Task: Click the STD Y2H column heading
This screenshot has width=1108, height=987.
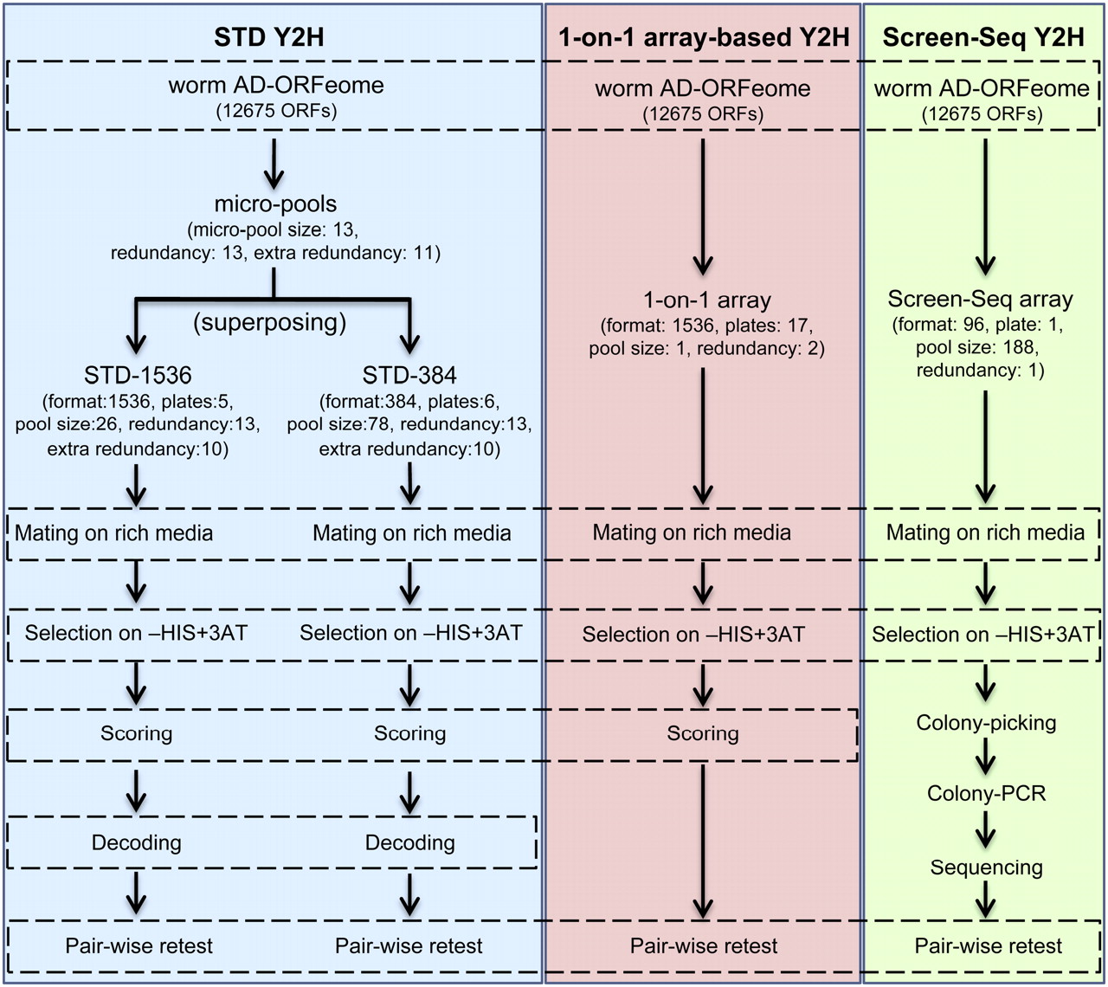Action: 268,37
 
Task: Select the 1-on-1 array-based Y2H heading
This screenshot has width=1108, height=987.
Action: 704,37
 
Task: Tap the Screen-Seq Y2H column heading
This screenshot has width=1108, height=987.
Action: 983,37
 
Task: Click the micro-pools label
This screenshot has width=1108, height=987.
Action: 275,204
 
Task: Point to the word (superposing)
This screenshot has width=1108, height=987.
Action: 269,322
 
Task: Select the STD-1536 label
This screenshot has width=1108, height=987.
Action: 138,375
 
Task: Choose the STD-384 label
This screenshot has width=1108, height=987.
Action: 409,375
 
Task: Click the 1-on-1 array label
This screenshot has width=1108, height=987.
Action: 706,300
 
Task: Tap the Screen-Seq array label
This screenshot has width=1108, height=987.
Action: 980,300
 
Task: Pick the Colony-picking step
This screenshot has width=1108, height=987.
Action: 986,723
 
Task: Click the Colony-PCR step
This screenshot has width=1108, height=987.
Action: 986,793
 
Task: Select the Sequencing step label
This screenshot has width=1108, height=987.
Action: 986,868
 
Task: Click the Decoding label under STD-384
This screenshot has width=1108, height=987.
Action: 409,842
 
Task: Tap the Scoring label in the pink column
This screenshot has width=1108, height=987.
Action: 703,734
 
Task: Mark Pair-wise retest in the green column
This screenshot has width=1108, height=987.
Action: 988,946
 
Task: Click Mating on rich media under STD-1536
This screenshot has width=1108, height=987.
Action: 113,533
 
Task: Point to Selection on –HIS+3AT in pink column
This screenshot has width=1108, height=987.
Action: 692,635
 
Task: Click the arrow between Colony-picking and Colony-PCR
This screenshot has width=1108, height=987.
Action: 986,759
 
